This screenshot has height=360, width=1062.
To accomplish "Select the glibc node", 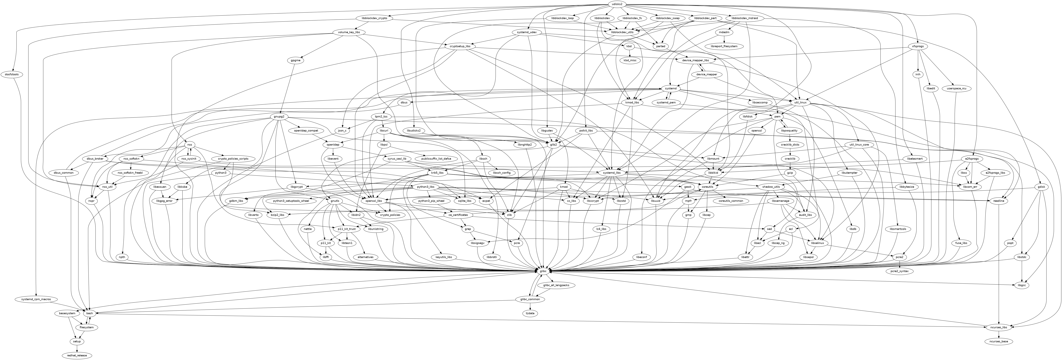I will (543, 271).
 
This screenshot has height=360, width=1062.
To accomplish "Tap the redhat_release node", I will (77, 355).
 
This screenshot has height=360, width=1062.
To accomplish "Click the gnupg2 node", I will (279, 117).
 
